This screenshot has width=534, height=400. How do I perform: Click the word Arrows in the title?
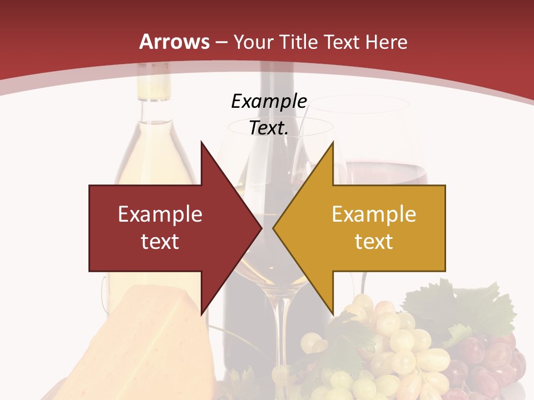point(174,42)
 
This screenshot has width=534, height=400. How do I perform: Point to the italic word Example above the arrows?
point(269,101)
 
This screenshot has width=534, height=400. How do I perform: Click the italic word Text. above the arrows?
point(269,128)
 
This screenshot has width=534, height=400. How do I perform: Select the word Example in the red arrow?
point(160,214)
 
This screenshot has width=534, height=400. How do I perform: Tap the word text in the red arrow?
point(160,241)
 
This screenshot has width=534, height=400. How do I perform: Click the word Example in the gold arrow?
point(374,214)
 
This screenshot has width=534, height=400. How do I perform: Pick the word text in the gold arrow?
point(374,241)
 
